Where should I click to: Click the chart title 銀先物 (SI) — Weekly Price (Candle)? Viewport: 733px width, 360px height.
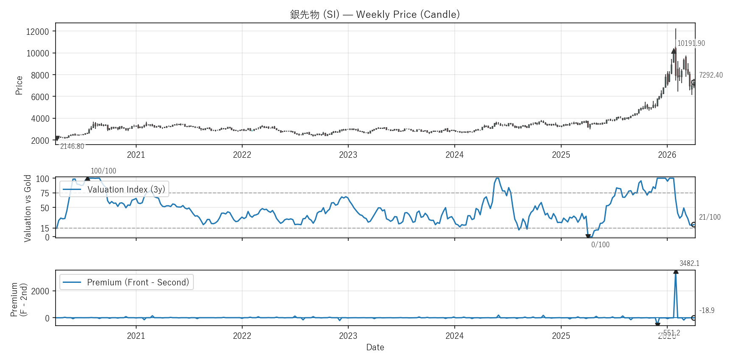(375, 14)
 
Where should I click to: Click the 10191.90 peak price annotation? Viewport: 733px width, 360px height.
(691, 43)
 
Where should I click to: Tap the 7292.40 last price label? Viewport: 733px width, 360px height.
(711, 75)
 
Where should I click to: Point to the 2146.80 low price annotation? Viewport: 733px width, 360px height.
(72, 146)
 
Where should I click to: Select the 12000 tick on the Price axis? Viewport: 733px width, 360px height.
(38, 31)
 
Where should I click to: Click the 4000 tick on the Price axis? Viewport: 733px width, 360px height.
(40, 119)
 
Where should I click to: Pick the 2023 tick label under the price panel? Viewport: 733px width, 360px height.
(348, 155)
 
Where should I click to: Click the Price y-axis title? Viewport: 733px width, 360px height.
(19, 85)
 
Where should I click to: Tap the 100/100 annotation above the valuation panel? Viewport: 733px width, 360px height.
(103, 171)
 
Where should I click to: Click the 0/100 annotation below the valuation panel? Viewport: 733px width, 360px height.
(600, 245)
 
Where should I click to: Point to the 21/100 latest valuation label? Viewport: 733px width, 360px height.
(710, 217)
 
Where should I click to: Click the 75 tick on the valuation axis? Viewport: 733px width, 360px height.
(45, 193)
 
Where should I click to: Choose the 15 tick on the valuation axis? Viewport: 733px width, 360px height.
(45, 229)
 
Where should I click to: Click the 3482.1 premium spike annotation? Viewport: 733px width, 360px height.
(689, 263)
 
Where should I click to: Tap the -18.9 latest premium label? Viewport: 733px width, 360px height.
(707, 310)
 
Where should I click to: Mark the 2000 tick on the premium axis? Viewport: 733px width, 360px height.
(40, 291)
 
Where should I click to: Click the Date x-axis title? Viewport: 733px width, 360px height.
(375, 347)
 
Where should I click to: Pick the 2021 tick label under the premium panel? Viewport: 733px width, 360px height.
(136, 336)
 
